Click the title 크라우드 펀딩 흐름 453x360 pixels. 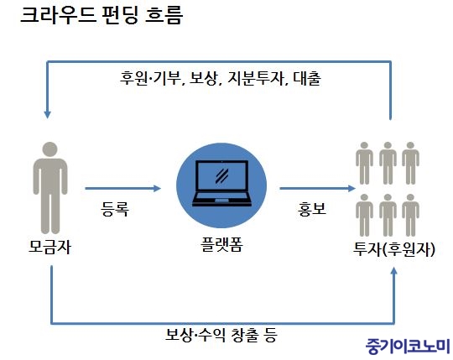pos(102,15)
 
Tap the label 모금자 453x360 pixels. pos(49,248)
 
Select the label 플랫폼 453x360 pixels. pos(221,245)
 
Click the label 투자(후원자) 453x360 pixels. pos(394,248)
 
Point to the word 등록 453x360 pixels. pos(115,209)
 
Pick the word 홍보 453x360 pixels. pos(312,209)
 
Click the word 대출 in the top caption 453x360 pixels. pos(307,78)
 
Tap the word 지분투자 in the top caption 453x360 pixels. pos(256,78)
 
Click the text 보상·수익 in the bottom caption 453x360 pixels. pos(195,335)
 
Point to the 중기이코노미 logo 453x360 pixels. pos(408,346)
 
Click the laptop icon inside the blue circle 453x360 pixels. pos(221,183)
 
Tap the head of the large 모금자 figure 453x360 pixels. pos(50,149)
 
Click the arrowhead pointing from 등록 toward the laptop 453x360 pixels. pos(157,189)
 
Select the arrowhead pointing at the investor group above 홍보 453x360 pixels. pos(351,189)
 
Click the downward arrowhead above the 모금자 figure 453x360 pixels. pos(47,115)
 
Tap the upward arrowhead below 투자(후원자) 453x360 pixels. pos(393,271)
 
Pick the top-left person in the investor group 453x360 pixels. pos(364,164)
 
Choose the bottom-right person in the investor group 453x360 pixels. pos(410,216)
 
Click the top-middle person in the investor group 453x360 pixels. pos(388,164)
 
